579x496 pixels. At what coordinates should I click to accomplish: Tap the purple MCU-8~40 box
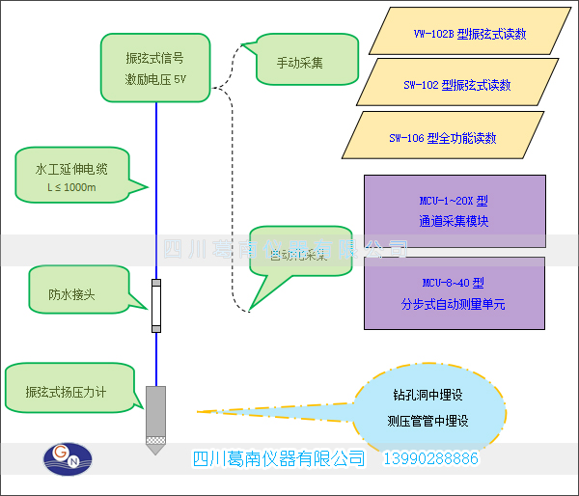pos(455,292)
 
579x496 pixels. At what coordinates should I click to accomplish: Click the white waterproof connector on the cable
pos(155,307)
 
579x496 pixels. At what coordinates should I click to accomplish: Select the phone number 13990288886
pos(431,458)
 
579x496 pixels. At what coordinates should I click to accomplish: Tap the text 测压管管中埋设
pos(427,421)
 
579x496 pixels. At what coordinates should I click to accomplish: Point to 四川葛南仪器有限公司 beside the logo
pos(279,458)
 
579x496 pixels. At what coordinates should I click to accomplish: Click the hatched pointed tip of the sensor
pos(155,446)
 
